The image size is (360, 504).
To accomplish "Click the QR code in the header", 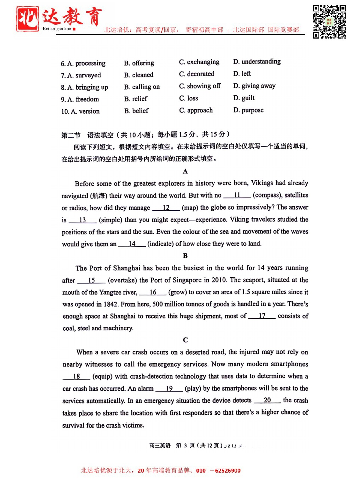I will point(329,22).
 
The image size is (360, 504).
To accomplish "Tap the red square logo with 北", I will point(27,19).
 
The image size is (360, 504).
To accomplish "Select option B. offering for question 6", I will point(139,63).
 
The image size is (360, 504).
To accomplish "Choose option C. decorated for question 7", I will point(197,74).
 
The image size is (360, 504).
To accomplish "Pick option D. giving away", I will point(254,86).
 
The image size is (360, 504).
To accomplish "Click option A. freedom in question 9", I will point(80,99).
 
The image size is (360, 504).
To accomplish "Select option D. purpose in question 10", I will point(248,110).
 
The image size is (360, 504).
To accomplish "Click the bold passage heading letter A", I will point(185,172).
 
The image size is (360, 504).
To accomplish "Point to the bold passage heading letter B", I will point(185,256).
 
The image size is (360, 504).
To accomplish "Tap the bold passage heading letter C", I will point(185,340).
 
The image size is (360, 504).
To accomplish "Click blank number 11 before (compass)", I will point(237,195).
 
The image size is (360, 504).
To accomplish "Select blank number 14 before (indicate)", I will point(132,244).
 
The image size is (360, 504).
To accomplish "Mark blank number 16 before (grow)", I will point(153,292).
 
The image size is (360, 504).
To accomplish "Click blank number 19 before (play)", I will point(169,389).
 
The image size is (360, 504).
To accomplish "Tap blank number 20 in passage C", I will point(267,400).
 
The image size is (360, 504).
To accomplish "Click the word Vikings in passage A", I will point(262,183).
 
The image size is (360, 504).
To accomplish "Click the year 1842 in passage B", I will point(111,304).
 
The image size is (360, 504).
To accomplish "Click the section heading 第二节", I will point(71,135).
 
